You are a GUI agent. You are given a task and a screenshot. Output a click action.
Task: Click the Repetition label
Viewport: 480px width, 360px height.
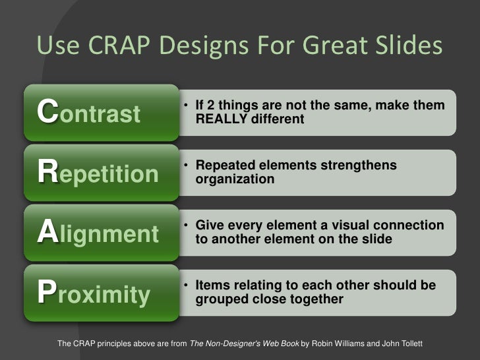98,173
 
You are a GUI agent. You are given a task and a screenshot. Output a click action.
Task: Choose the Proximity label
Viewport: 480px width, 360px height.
94,295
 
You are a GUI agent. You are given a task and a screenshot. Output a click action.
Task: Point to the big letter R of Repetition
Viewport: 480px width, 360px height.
48,173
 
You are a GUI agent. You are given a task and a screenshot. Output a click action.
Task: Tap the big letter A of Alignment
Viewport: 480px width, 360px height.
47,233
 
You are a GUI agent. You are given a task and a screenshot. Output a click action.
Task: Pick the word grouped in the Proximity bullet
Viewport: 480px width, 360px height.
221,299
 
